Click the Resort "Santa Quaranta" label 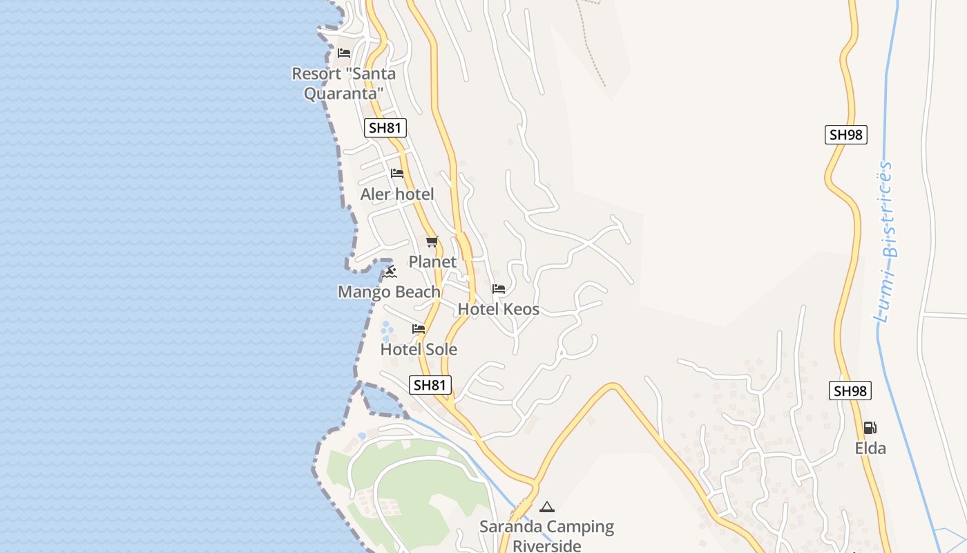click(x=343, y=83)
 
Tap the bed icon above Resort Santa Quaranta click(x=343, y=53)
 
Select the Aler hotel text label click(x=397, y=194)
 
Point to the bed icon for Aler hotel click(x=396, y=173)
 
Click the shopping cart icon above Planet click(x=432, y=241)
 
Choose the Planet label click(x=432, y=262)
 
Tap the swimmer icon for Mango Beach click(x=390, y=272)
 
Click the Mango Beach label click(x=389, y=292)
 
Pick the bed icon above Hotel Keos click(x=499, y=289)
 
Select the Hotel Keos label click(x=499, y=310)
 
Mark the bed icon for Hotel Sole click(x=419, y=329)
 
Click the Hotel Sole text click(x=419, y=350)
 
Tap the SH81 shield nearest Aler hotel click(x=385, y=128)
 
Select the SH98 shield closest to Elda click(x=850, y=391)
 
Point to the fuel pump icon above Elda click(x=870, y=428)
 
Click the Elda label click(x=870, y=449)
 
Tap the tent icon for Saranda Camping click(x=547, y=507)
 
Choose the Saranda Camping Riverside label click(x=547, y=536)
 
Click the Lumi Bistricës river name click(x=886, y=242)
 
